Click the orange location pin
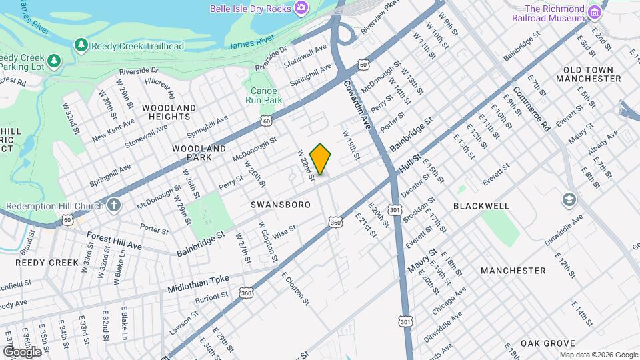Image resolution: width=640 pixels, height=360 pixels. (321, 159)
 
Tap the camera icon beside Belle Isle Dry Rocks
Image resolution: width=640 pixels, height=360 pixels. (302, 8)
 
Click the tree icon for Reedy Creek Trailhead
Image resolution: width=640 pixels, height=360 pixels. (81, 45)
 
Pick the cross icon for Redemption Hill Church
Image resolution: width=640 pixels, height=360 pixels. (114, 204)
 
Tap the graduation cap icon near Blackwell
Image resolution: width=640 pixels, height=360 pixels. (569, 199)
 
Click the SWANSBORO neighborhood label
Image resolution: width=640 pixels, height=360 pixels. (281, 205)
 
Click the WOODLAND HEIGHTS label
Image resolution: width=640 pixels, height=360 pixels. (169, 112)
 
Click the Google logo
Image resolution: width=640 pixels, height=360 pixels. (22, 351)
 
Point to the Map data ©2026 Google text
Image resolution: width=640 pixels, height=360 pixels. (598, 355)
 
